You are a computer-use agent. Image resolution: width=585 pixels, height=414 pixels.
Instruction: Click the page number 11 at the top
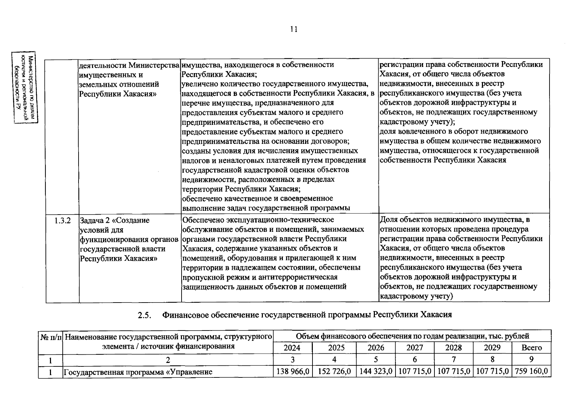(294, 29)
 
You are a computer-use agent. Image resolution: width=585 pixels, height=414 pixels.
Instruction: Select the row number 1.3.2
(62, 220)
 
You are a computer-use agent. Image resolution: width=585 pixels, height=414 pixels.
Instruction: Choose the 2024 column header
(292, 348)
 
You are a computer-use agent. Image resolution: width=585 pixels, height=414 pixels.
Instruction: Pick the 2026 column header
(376, 348)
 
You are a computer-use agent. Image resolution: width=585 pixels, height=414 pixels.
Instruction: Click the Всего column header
(532, 348)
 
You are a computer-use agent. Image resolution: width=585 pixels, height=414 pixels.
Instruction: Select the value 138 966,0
(292, 372)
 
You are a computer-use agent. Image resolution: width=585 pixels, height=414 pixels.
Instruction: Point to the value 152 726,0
(334, 372)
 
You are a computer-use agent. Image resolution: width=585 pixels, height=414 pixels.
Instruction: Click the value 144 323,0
(376, 372)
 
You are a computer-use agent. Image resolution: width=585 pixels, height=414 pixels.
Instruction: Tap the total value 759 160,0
(531, 372)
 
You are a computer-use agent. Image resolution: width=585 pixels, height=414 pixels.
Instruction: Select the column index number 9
(532, 359)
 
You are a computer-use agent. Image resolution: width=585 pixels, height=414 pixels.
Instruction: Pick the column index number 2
(168, 360)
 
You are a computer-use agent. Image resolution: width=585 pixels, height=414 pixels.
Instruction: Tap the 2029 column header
(492, 348)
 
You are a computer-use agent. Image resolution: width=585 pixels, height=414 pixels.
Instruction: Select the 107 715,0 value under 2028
(454, 372)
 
